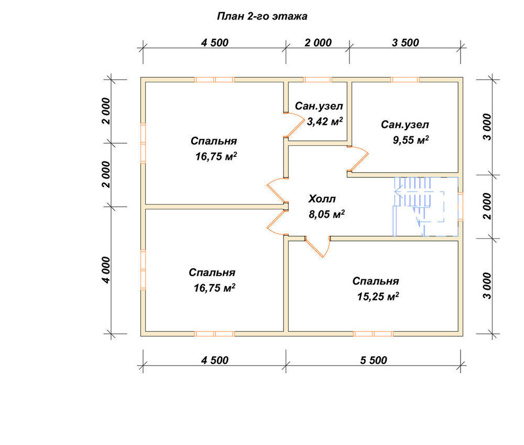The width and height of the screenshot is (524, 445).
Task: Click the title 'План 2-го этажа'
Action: tap(262, 16)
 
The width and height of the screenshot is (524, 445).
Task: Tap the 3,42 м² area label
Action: tap(325, 121)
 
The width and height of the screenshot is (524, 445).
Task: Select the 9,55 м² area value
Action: tap(411, 140)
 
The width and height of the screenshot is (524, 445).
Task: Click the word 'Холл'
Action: tap(322, 199)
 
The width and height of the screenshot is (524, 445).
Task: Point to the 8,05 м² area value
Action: tap(326, 214)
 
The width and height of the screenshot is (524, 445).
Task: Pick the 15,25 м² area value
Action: tap(378, 296)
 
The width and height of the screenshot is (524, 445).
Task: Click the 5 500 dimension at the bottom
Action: tap(374, 361)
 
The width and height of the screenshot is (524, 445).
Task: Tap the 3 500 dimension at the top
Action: tap(406, 43)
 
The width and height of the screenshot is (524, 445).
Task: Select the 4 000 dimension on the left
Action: tap(106, 270)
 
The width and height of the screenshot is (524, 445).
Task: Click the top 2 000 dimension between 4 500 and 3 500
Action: tap(318, 43)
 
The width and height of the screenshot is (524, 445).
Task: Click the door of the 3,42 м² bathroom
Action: tap(294, 125)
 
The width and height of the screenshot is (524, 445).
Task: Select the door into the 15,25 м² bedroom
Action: tap(318, 247)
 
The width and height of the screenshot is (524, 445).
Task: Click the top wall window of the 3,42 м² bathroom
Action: tap(318, 80)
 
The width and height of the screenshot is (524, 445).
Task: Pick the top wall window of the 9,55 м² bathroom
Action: tap(405, 80)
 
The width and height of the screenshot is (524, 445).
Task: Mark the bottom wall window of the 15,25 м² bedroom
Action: tap(373, 334)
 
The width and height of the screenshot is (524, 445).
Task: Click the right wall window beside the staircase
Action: tap(461, 206)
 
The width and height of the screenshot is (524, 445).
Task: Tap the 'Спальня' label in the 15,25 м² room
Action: tap(376, 281)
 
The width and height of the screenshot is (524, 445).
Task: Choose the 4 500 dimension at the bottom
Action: tap(214, 361)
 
